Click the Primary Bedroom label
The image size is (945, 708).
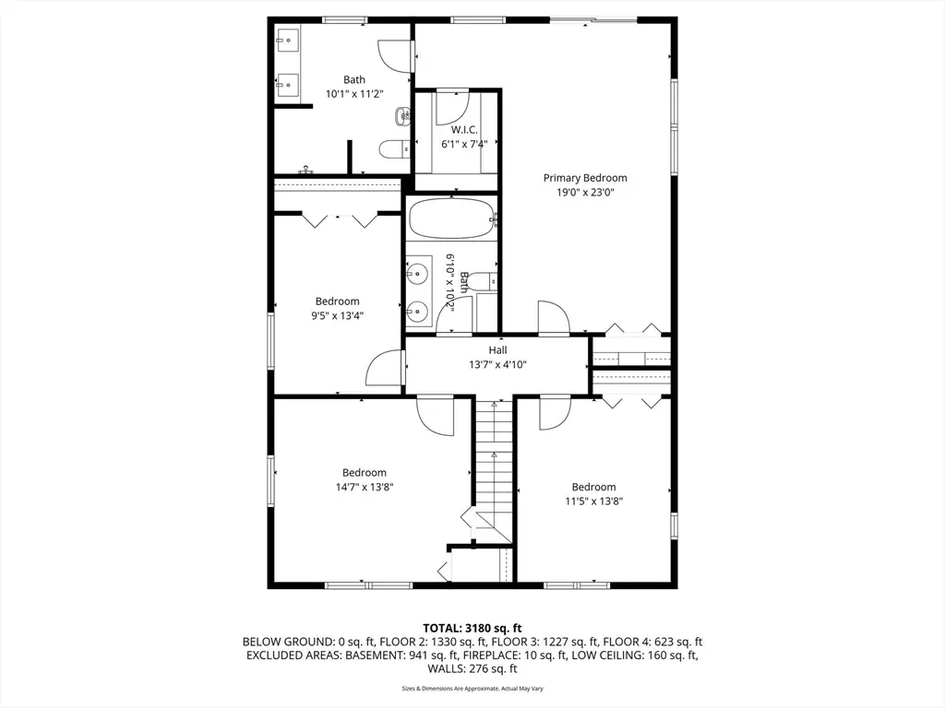pyautogui.click(x=585, y=178)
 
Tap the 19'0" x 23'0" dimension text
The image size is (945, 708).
pyautogui.click(x=585, y=193)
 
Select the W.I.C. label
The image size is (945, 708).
pyautogui.click(x=464, y=129)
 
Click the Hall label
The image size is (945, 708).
pyautogui.click(x=497, y=349)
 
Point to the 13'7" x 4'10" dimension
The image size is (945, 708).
pyautogui.click(x=497, y=364)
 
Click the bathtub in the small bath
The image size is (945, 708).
pyautogui.click(x=452, y=219)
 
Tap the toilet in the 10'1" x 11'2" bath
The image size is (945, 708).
pyautogui.click(x=395, y=148)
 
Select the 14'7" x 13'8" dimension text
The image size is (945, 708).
pyautogui.click(x=365, y=487)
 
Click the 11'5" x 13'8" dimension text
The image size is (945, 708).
pyautogui.click(x=593, y=501)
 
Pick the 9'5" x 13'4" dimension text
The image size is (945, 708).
pyautogui.click(x=338, y=315)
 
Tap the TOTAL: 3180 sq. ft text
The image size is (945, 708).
pyautogui.click(x=472, y=629)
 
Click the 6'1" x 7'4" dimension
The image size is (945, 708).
pyautogui.click(x=464, y=144)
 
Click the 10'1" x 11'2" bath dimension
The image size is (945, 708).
pyautogui.click(x=354, y=94)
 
